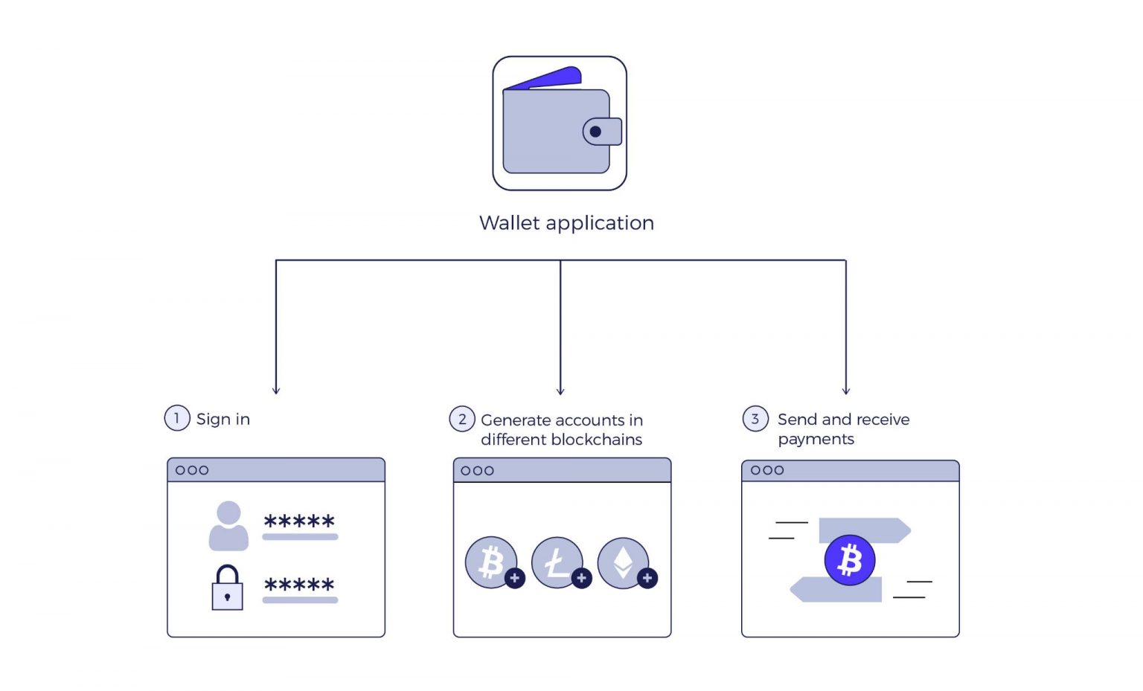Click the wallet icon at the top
click(x=560, y=123)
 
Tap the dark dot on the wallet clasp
click(x=595, y=132)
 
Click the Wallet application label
click(x=566, y=223)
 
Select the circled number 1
click(x=177, y=418)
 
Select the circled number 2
click(x=462, y=419)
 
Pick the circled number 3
click(x=755, y=418)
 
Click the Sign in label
click(x=223, y=420)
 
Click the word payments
click(x=816, y=439)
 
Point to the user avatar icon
click(x=228, y=525)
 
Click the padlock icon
click(x=227, y=587)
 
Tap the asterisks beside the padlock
click(x=300, y=585)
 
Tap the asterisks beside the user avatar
click(x=300, y=521)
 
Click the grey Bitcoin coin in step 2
click(x=491, y=562)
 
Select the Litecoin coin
click(x=557, y=562)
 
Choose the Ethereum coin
click(x=623, y=562)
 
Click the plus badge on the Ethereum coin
click(x=647, y=578)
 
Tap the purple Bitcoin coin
click(x=850, y=559)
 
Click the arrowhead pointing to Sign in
click(x=276, y=391)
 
